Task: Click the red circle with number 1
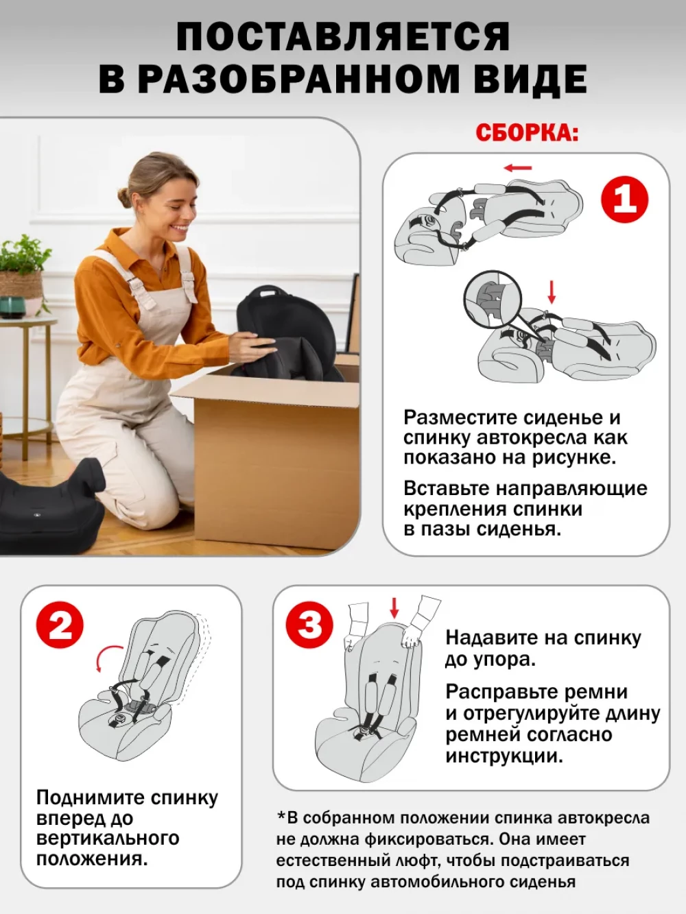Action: (624, 199)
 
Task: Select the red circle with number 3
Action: (309, 625)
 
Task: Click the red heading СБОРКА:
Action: (527, 133)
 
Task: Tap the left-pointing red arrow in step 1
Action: (518, 168)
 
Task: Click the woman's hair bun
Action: (123, 197)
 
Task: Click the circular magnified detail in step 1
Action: (493, 300)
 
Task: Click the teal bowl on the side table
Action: (12, 307)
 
